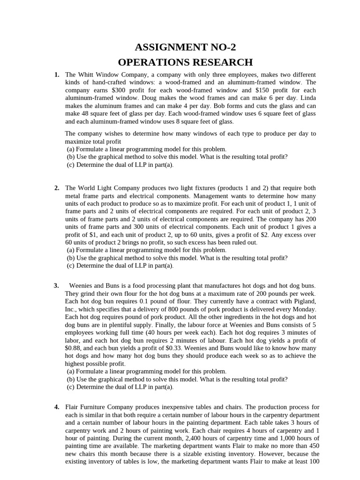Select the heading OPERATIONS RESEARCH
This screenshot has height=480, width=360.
click(x=185, y=62)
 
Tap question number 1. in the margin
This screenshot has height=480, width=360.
click(x=57, y=75)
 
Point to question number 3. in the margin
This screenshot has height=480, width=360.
click(x=57, y=285)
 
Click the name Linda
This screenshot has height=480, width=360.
click(x=307, y=98)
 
